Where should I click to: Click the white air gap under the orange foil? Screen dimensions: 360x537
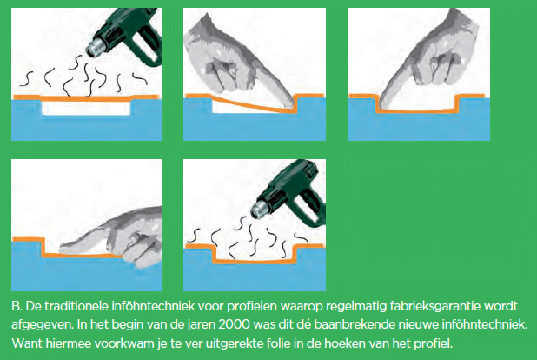86,110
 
